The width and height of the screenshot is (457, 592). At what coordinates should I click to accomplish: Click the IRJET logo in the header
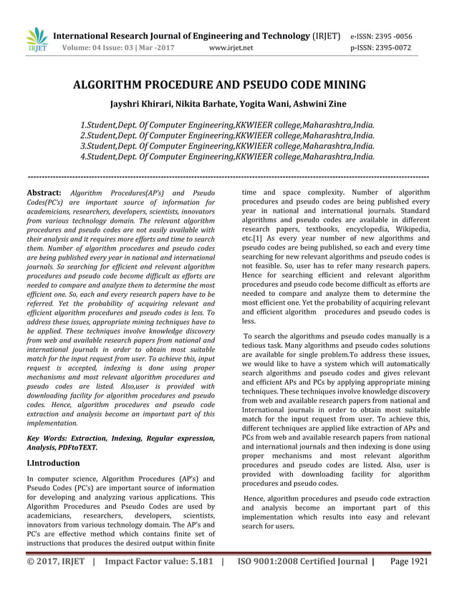36,40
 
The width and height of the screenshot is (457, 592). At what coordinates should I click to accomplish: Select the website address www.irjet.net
231,49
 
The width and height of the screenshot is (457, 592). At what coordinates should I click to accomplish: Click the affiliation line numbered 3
228,145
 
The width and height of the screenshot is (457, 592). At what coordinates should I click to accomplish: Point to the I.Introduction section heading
53,463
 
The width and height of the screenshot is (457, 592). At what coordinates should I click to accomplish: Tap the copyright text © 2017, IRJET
56,563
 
